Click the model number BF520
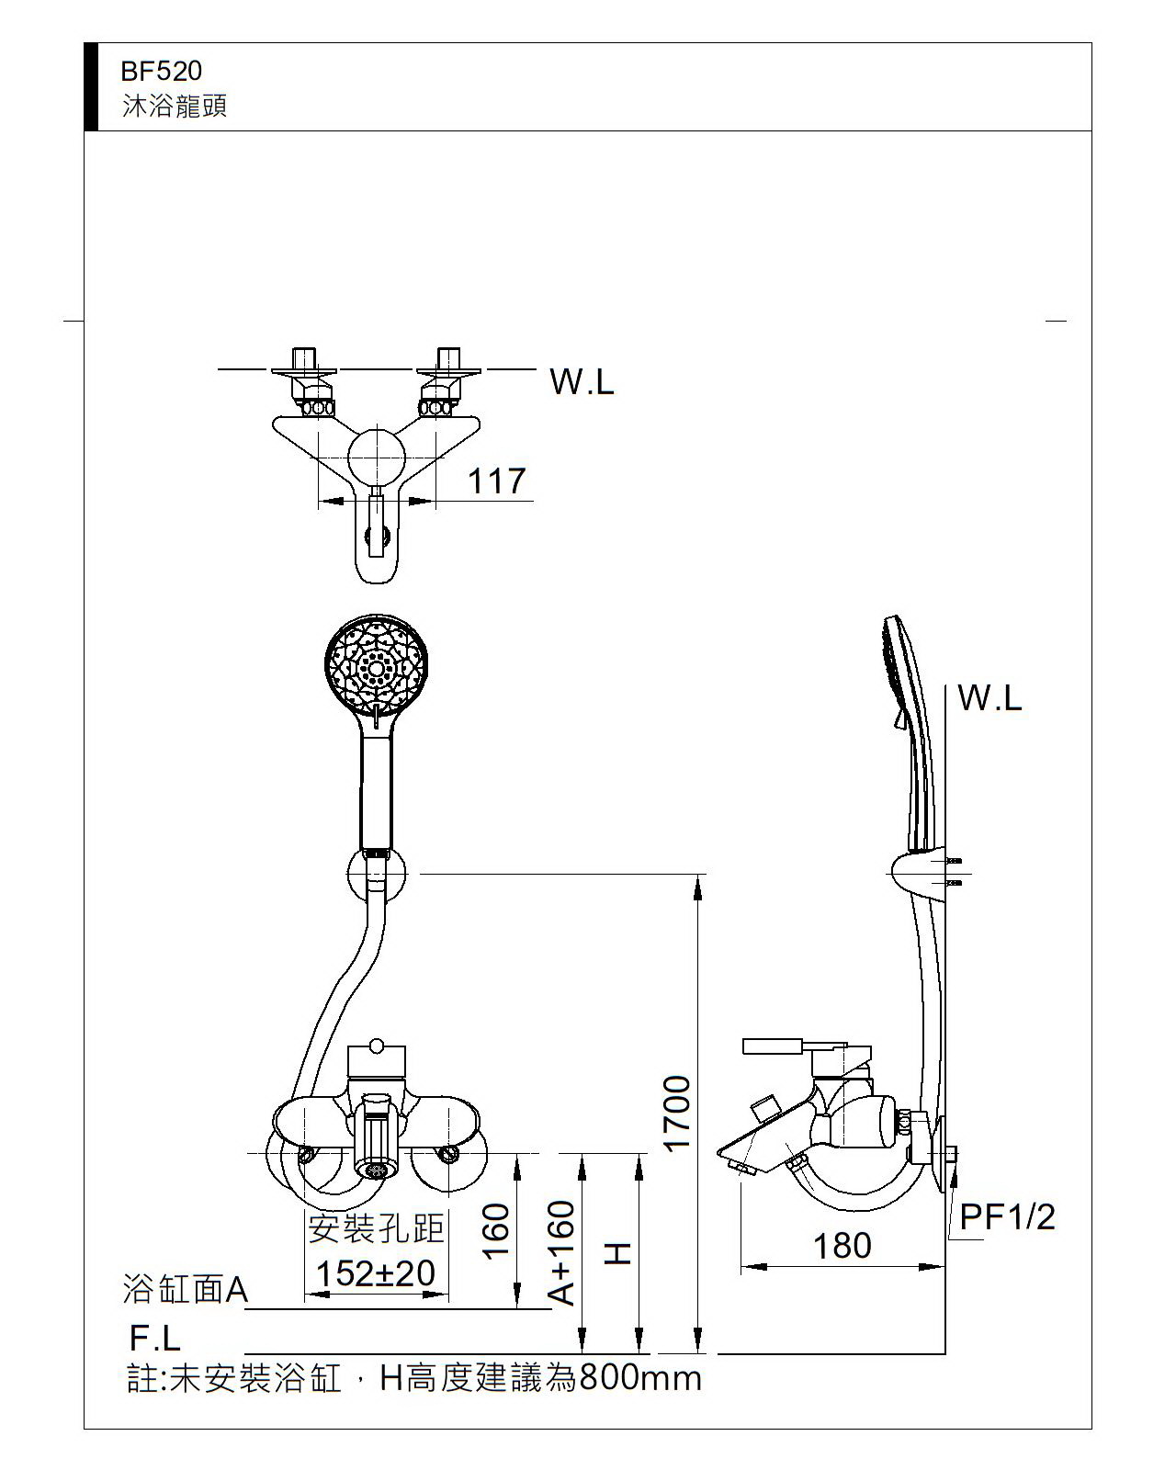point(161,71)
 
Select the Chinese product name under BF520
point(175,106)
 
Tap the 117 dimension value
point(497,481)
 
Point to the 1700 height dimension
point(677,1112)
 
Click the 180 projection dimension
point(842,1246)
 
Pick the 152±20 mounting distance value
point(375,1273)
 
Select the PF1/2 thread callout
point(1007,1217)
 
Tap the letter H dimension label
point(618,1253)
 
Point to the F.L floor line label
point(154,1338)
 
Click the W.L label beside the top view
point(582,381)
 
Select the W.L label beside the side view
point(989,698)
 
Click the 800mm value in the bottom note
point(639,1378)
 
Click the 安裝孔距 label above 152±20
point(376,1227)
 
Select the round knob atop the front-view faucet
point(376,1046)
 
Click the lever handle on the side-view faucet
point(776,1047)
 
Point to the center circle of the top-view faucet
point(376,455)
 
